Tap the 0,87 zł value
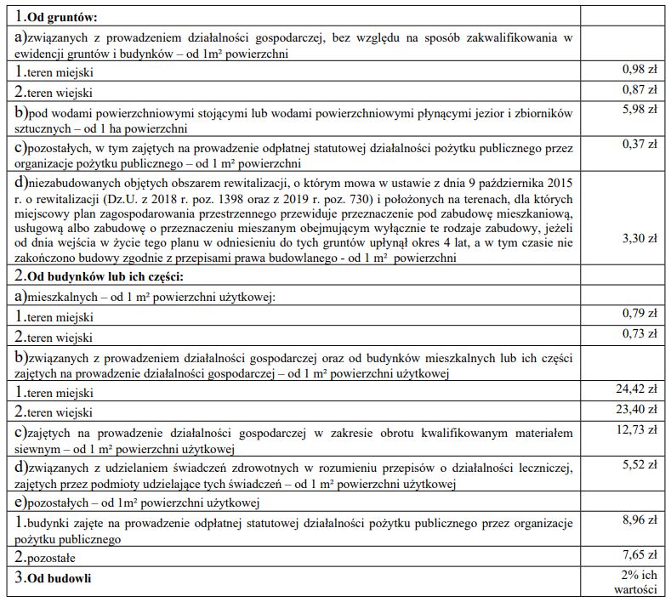[x=640, y=89]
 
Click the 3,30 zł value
[x=640, y=239]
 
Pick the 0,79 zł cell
[x=640, y=314]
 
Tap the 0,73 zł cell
[x=640, y=333]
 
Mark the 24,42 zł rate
[x=638, y=389]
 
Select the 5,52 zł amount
[x=640, y=465]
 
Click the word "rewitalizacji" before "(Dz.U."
[x=55, y=199]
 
